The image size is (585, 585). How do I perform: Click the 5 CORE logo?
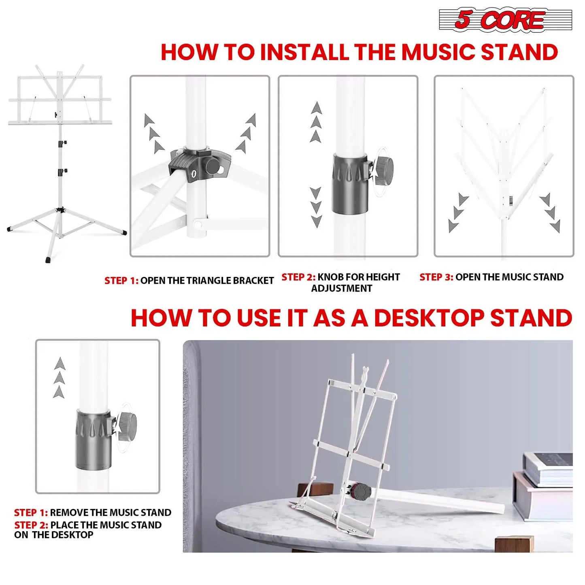pyautogui.click(x=505, y=19)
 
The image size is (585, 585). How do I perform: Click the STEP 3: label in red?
pyautogui.click(x=436, y=277)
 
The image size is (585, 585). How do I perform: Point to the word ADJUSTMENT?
pyautogui.click(x=341, y=289)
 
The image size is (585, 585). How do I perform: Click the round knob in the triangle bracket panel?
pyautogui.click(x=212, y=166)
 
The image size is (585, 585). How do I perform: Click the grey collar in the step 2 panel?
pyautogui.click(x=350, y=184)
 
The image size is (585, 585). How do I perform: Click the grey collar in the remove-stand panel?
pyautogui.click(x=93, y=440)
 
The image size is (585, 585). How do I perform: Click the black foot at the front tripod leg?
pyautogui.click(x=49, y=260)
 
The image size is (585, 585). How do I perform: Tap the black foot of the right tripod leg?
pyautogui.click(x=124, y=233)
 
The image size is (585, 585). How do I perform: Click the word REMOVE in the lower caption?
pyautogui.click(x=69, y=513)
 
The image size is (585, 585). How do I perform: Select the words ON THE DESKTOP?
pyautogui.click(x=54, y=535)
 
